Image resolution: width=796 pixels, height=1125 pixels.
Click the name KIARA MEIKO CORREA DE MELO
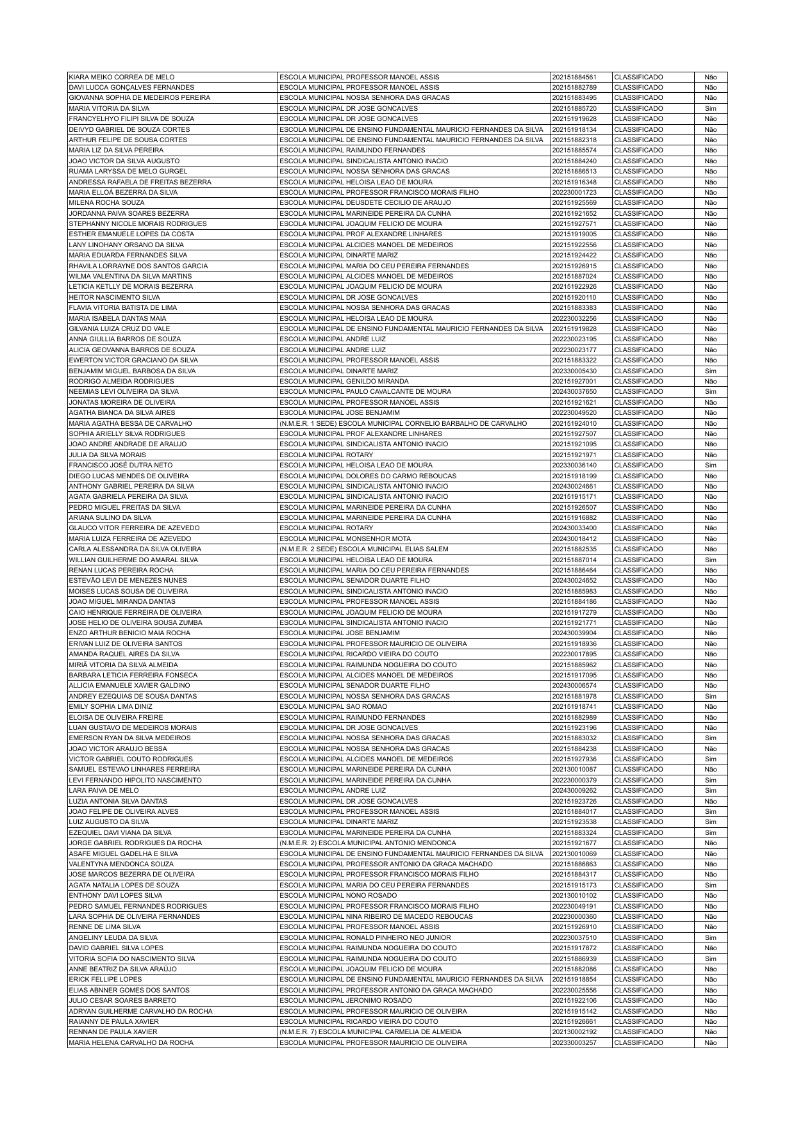pos(121,77)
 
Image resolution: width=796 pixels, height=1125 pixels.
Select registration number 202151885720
pos(574,108)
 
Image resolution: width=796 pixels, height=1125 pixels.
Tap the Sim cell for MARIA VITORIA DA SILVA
pos(710,108)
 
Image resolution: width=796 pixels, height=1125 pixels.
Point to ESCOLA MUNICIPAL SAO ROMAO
pos(333,706)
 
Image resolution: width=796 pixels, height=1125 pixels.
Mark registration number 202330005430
pos(574,371)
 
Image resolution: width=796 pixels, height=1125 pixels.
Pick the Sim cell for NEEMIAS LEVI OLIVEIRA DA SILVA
pos(710,391)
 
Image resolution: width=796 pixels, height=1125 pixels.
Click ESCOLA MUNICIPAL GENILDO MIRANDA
pos(344,381)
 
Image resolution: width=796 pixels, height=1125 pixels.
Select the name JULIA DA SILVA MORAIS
pos(107,455)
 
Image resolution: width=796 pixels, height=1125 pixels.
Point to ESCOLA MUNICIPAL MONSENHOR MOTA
pos(345,538)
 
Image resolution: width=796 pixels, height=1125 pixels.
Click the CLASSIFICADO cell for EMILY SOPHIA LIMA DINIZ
pos(638,706)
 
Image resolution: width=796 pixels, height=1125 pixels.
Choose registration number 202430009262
pos(574,790)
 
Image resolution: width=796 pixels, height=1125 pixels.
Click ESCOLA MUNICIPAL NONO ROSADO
pos(338,895)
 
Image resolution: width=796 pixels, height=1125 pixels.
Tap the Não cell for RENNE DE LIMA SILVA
pos(710,927)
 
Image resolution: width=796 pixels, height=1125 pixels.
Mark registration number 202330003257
pos(574,1042)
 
